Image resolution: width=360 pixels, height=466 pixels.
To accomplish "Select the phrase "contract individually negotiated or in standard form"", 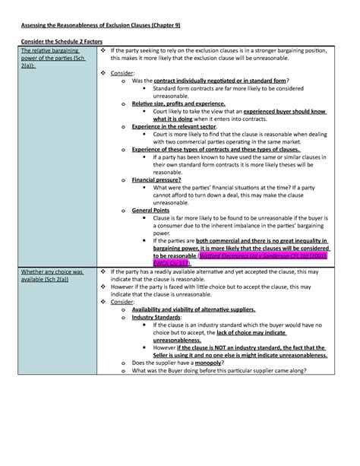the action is tap(219, 80).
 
